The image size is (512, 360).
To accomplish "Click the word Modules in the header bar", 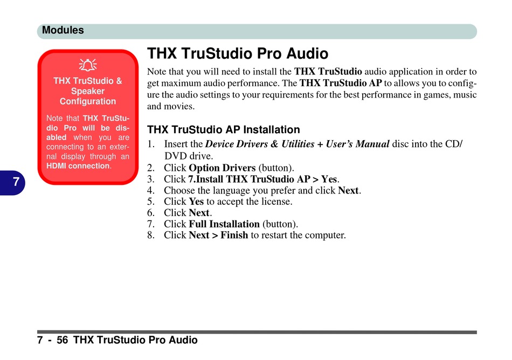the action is [63, 30].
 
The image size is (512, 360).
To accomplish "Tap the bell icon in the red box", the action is [88, 65].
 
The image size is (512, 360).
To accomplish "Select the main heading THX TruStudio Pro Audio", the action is [237, 53].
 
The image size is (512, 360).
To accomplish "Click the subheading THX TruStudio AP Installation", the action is [223, 129].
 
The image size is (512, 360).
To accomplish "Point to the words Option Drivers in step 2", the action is [222, 168].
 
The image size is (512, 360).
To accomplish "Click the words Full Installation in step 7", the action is [224, 224].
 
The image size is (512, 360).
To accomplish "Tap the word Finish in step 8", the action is [234, 236].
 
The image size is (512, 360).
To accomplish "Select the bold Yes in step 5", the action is [196, 202].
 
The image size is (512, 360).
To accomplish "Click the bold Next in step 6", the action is [199, 213].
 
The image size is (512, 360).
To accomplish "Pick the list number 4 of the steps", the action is [150, 191].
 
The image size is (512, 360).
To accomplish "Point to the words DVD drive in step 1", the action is [188, 156].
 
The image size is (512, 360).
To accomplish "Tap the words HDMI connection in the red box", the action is [78, 166].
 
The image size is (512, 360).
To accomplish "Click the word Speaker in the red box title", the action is [88, 91].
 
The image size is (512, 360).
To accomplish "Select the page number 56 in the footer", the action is [62, 340].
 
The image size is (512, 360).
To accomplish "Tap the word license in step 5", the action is [275, 202].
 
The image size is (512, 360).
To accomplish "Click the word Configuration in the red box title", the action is [88, 101].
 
